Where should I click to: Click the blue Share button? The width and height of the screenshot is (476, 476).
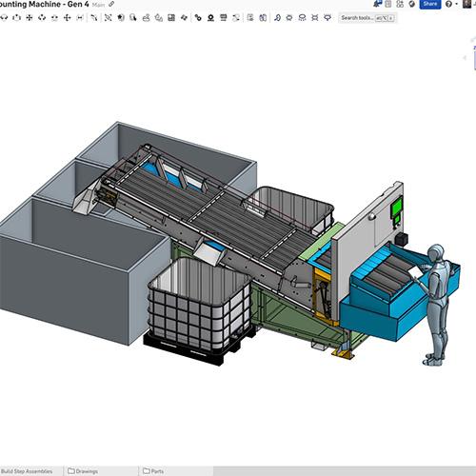point(429,4)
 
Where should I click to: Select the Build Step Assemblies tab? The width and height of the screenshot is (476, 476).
point(27,470)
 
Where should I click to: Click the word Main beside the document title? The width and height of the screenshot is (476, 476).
point(98,5)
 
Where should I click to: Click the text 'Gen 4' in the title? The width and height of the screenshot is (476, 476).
point(75,5)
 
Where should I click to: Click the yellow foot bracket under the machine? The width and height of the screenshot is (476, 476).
point(342,353)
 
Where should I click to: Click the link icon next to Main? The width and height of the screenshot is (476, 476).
point(111,5)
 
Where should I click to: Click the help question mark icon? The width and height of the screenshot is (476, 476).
point(449,4)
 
